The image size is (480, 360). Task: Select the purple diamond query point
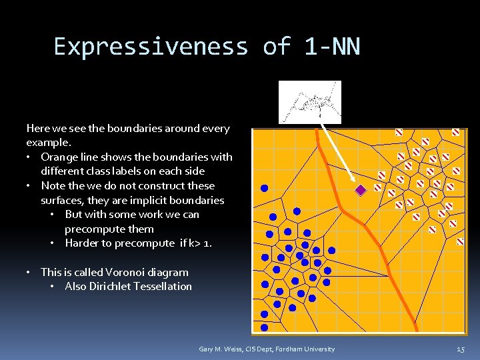(x=361, y=190)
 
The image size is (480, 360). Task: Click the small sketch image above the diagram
(x=309, y=102)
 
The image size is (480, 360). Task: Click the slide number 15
(x=461, y=349)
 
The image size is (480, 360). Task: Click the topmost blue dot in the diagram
(x=264, y=189)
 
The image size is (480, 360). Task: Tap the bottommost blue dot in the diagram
(x=265, y=327)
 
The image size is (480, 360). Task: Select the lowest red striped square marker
(x=460, y=242)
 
